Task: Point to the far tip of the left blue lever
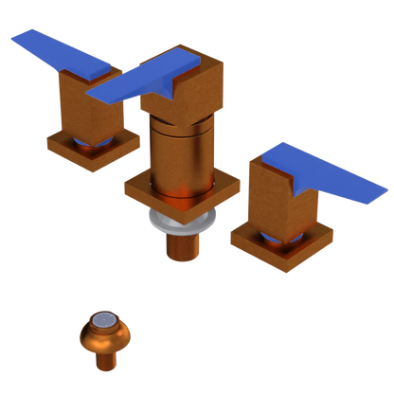coord(14,38)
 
